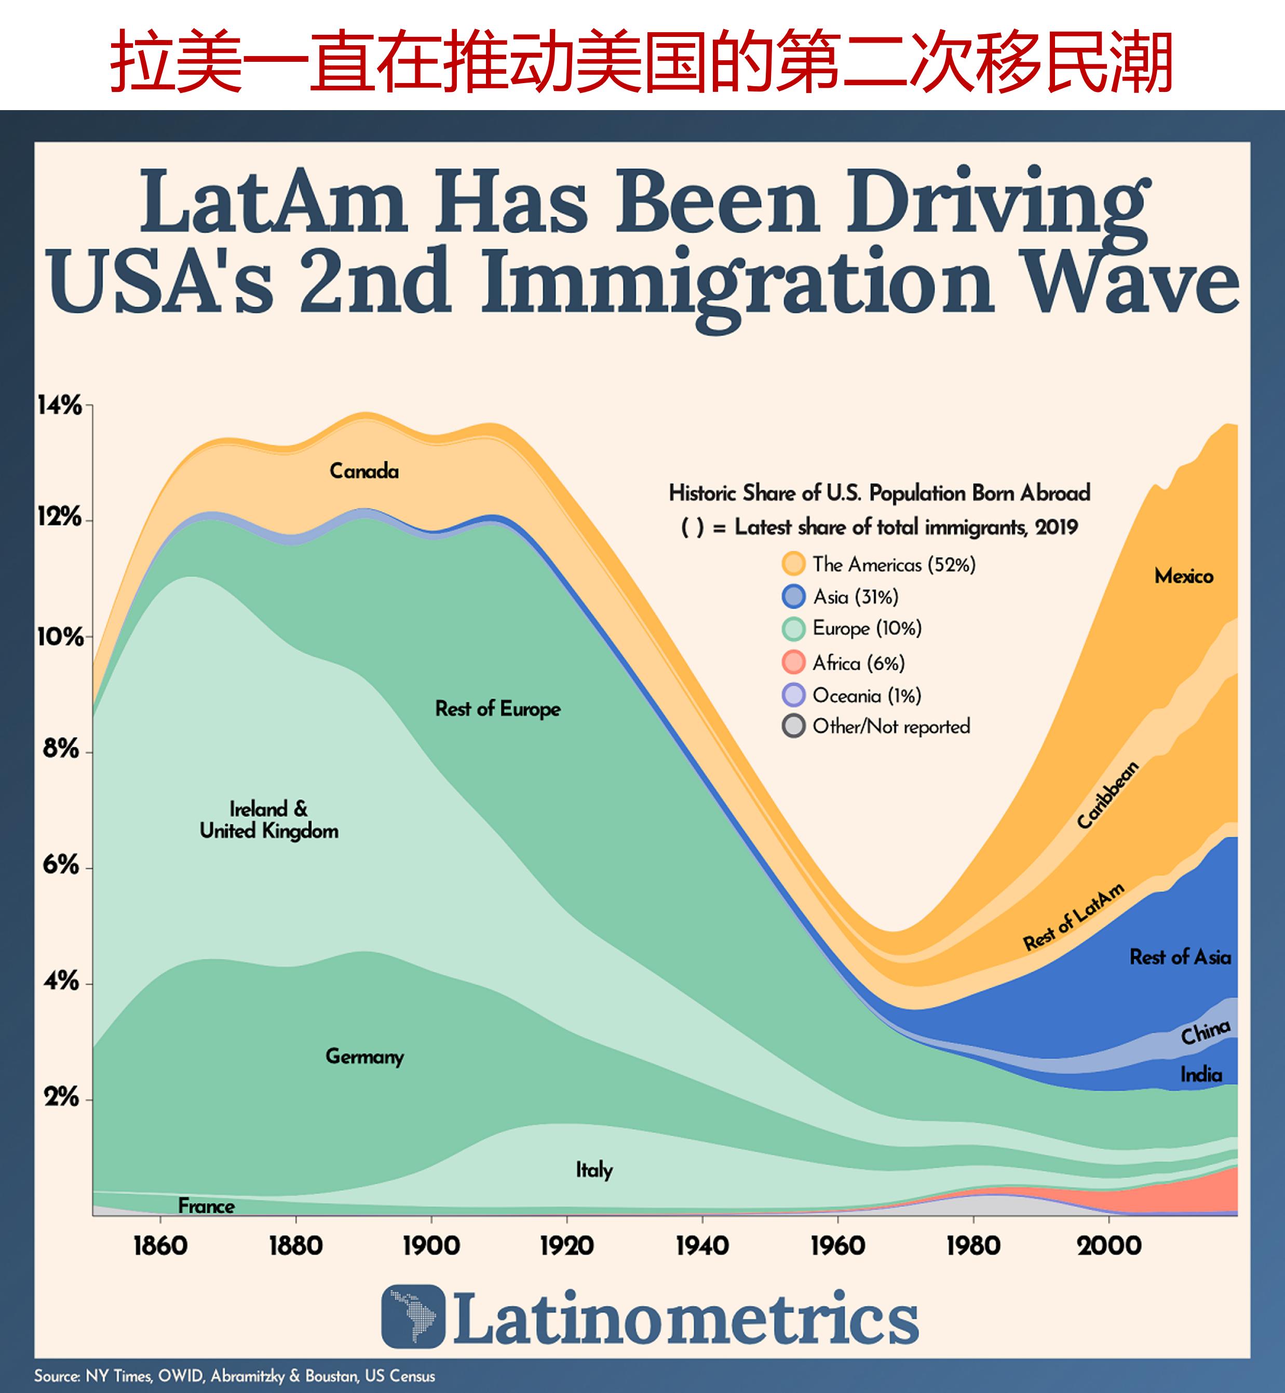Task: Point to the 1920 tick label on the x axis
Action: (567, 1245)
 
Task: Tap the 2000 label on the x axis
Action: (1109, 1245)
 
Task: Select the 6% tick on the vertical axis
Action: (61, 865)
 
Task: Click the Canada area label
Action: (364, 472)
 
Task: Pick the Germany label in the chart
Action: (364, 1056)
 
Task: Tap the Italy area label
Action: (594, 1170)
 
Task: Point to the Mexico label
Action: (1183, 576)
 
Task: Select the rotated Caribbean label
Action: (1107, 795)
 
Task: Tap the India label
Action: (1201, 1075)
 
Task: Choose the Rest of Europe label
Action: (498, 708)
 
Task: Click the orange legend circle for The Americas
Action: (793, 564)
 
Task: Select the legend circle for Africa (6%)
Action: (793, 662)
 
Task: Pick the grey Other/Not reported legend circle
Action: (793, 726)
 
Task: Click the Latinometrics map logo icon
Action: (413, 1317)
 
